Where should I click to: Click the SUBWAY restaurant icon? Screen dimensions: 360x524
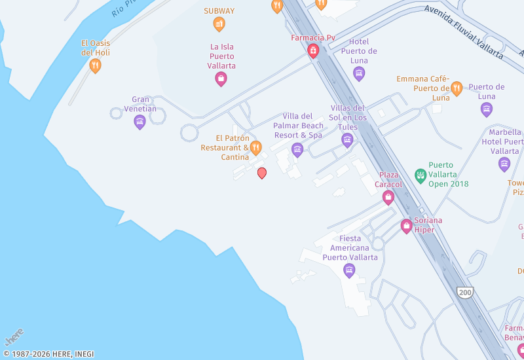[x=219, y=24]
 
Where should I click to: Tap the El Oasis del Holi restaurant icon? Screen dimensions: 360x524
[x=95, y=65]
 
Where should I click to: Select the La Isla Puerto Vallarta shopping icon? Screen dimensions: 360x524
[x=221, y=79]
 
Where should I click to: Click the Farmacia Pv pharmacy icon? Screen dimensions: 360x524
[x=313, y=50]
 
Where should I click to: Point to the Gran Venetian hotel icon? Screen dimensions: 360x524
[x=140, y=121]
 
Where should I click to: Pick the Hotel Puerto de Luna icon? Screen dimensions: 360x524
[x=359, y=73]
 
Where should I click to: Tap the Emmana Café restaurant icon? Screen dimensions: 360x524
[x=457, y=88]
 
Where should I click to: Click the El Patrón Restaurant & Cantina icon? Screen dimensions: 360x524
[x=256, y=147]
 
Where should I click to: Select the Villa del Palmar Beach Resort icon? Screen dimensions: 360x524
[x=297, y=150]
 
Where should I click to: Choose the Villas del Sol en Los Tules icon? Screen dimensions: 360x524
[x=347, y=139]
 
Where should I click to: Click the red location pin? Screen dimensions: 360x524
[x=262, y=173]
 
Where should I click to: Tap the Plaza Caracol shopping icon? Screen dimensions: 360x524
[x=388, y=196]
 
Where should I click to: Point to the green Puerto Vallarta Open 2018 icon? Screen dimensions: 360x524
[x=421, y=175]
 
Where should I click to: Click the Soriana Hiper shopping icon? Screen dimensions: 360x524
[x=406, y=226]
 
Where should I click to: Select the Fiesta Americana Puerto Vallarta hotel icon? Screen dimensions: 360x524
[x=349, y=269]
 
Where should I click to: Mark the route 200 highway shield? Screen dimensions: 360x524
[x=465, y=292]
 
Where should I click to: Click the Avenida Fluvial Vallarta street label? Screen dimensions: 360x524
[x=463, y=33]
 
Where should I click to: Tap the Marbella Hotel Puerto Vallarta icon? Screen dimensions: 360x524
[x=504, y=163]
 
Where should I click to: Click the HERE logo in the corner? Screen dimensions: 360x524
[x=14, y=336]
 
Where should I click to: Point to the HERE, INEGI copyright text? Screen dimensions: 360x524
[x=48, y=354]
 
